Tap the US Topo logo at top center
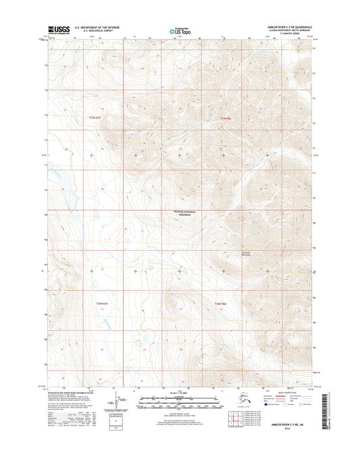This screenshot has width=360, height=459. click(x=179, y=31)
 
